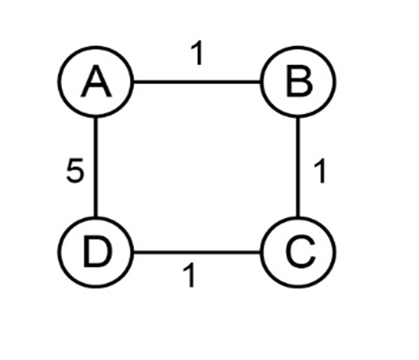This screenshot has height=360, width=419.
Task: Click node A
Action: click(96, 81)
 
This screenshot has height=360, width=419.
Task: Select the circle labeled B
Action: click(298, 81)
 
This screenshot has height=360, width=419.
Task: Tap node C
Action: click(298, 251)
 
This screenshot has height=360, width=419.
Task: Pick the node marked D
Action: click(96, 251)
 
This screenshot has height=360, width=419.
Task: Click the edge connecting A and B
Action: click(196, 81)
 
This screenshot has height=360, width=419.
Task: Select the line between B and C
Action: click(298, 166)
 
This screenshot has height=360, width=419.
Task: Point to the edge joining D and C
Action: click(196, 251)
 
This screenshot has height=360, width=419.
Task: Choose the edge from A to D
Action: click(96, 166)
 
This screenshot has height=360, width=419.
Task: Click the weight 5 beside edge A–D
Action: click(74, 171)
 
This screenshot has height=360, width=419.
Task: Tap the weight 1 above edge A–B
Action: click(197, 53)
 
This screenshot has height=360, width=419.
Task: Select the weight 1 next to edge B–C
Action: click(320, 172)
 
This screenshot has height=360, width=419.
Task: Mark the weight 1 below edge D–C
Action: click(189, 275)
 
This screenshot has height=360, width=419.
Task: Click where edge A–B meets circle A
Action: click(133, 81)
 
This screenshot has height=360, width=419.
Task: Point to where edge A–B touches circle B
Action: click(261, 81)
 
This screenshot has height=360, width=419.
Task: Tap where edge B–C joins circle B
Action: click(298, 118)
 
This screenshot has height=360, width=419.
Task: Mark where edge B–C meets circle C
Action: click(298, 216)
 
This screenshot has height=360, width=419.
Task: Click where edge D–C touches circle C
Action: click(261, 251)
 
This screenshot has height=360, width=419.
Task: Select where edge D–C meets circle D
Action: click(133, 251)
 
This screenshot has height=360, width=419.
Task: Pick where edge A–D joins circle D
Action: click(96, 216)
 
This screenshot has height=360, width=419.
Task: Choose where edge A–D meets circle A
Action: click(96, 118)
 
